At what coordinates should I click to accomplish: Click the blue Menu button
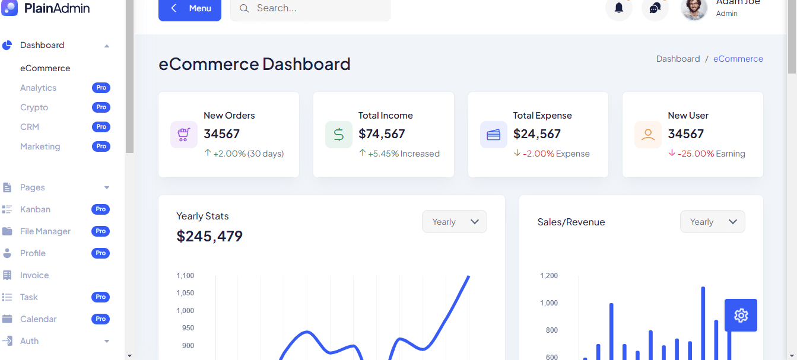189,9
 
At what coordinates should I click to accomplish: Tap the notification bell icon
619,8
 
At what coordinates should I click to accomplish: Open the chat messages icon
655,8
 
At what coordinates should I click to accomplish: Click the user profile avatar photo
694,8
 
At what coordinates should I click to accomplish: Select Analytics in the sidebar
38,88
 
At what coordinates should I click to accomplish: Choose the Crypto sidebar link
34,107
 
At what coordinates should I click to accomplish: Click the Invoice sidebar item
34,275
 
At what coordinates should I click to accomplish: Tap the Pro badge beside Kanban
101,209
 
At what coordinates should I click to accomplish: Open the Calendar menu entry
39,319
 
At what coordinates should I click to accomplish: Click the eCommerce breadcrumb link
738,59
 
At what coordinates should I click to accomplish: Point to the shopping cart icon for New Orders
183,135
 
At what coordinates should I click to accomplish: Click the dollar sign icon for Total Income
338,135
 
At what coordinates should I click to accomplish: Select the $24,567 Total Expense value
536,134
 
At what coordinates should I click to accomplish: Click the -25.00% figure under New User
696,154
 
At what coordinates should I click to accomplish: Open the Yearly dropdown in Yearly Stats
455,222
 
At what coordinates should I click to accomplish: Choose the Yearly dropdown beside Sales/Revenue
712,222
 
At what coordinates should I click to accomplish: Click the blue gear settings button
741,315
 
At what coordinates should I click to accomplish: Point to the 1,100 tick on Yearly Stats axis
185,276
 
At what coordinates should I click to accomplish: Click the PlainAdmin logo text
57,8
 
